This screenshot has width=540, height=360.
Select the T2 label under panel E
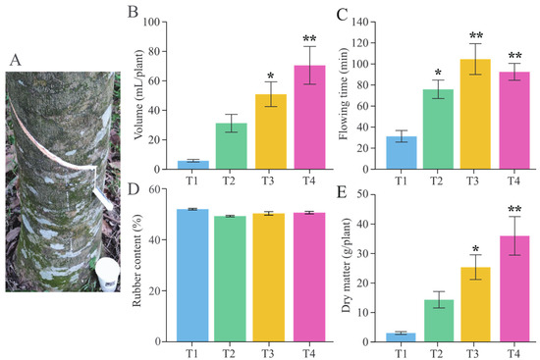(442, 351)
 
